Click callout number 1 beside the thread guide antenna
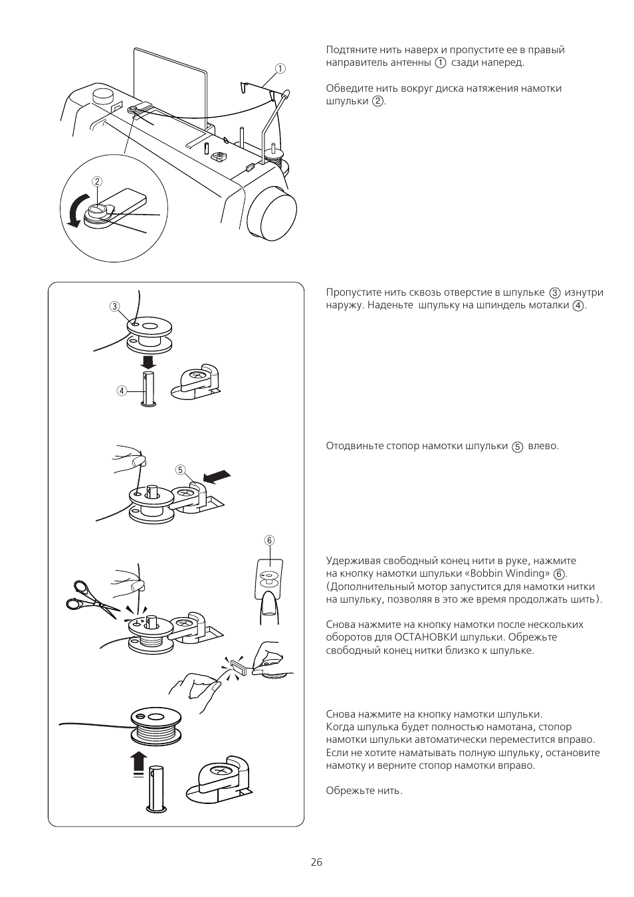[x=280, y=68]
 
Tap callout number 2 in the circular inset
[x=97, y=181]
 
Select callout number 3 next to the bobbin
[x=114, y=306]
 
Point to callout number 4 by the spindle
[x=122, y=391]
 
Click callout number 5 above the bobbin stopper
[x=180, y=469]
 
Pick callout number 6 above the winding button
[x=270, y=540]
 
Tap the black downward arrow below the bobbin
[x=148, y=361]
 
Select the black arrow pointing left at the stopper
[x=218, y=476]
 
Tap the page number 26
[x=316, y=862]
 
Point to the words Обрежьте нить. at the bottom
[x=364, y=791]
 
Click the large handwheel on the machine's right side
[x=272, y=213]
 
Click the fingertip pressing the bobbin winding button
[x=269, y=605]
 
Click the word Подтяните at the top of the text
[x=350, y=50]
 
